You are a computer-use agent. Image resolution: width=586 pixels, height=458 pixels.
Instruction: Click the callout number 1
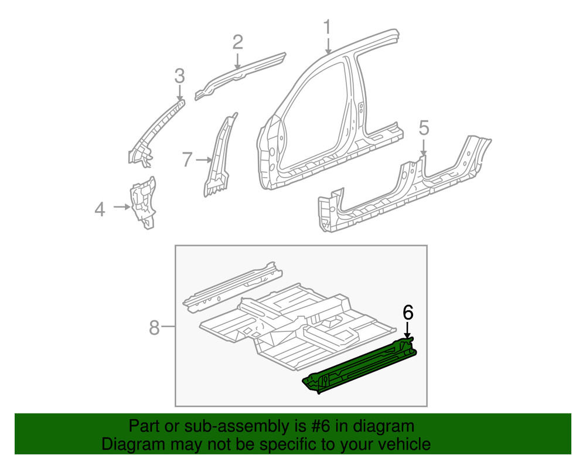[x=328, y=27]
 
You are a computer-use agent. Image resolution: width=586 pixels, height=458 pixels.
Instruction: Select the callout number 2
[x=237, y=42]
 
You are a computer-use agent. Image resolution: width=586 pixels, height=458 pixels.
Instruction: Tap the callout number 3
[x=179, y=75]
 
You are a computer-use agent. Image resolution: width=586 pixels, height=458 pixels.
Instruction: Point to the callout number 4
[x=100, y=209]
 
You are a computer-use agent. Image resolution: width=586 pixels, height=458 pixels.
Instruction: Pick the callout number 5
[x=424, y=127]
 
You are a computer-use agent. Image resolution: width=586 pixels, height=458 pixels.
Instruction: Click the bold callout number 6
[x=408, y=313]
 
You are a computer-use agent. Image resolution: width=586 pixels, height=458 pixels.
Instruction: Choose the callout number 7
[x=187, y=159]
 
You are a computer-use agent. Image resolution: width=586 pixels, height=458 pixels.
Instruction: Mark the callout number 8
[x=154, y=327]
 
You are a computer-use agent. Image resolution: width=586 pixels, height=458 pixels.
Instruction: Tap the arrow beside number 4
[x=122, y=206]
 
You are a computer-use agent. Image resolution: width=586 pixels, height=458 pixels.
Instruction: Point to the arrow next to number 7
[x=205, y=160]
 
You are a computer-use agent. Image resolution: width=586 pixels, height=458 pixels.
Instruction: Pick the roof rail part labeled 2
[x=240, y=75]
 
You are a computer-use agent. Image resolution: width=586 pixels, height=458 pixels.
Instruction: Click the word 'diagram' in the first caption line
[x=383, y=426]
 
